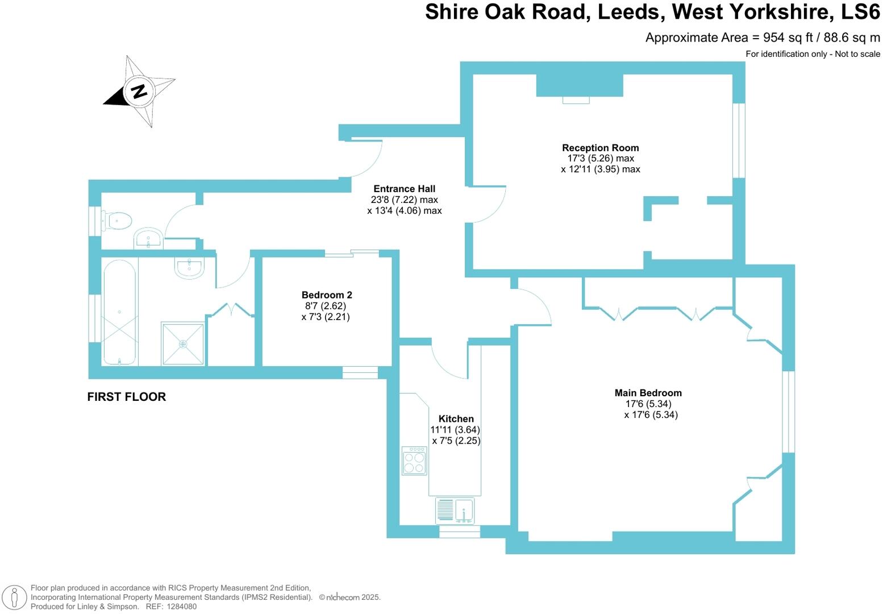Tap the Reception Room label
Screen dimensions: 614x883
click(600, 148)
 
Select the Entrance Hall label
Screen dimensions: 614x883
click(404, 189)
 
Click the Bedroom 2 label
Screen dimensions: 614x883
click(326, 295)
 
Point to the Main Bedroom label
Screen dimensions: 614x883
click(648, 393)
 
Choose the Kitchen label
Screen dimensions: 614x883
click(456, 419)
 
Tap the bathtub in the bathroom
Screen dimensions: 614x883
click(119, 312)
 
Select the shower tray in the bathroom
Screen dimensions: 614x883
click(182, 343)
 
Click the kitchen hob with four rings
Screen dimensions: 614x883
click(414, 460)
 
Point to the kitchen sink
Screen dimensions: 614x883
click(455, 510)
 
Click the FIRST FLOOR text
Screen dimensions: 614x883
click(126, 397)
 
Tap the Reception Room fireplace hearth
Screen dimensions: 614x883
click(576, 100)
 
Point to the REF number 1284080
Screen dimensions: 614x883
click(180, 607)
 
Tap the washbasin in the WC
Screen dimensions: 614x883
click(149, 239)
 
